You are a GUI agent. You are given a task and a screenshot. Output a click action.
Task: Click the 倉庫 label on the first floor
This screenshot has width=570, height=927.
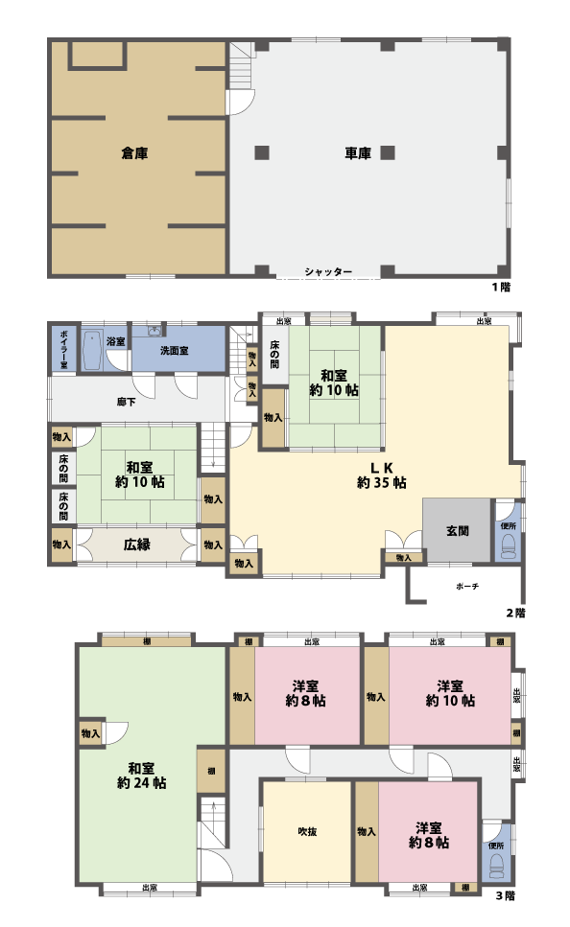134,152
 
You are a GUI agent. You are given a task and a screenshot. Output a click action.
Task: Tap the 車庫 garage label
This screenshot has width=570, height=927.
357,152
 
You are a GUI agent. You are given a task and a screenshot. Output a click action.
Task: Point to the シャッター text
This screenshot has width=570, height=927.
328,272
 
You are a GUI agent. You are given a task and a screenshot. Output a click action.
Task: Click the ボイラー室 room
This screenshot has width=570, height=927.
63,347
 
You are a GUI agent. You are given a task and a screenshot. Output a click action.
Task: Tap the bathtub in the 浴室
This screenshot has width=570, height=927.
93,350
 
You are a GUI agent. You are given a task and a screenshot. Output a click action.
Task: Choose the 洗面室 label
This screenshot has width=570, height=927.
174,351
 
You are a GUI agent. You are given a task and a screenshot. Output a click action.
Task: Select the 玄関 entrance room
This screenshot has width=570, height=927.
457,530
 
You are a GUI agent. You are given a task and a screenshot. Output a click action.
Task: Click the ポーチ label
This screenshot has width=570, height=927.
467,585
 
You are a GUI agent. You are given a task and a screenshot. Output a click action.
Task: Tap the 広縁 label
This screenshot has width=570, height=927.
135,545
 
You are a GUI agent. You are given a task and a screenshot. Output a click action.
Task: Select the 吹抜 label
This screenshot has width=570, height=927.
307,830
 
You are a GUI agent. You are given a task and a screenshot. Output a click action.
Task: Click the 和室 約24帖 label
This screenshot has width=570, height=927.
142,775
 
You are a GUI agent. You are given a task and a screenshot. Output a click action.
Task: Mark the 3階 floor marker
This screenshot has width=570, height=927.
505,898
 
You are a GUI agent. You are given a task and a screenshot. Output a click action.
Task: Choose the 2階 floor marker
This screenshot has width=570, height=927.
515,612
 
